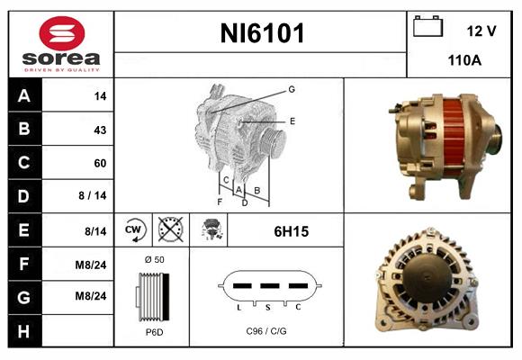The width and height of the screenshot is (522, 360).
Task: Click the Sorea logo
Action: point(61,44)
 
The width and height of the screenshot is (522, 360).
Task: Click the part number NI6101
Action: point(262,34)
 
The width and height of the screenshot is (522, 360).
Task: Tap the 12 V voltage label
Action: point(481,31)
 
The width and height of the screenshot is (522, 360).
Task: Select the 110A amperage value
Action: point(464,61)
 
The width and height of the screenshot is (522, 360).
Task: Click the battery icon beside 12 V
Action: point(428,28)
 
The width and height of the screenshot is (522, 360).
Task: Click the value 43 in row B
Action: point(100,130)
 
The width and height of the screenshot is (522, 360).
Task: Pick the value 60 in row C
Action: point(100,163)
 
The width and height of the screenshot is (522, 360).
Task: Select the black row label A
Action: point(23,95)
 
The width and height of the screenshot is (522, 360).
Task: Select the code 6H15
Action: point(291,231)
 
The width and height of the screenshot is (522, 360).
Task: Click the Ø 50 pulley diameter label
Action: point(153,259)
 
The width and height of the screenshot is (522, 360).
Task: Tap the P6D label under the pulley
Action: point(153,332)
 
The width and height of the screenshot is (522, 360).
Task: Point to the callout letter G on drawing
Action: point(292,89)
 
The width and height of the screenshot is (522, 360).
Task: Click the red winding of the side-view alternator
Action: point(454,134)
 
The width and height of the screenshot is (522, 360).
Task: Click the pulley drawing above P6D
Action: point(150,296)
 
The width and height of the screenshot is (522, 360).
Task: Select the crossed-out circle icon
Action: point(171,231)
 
